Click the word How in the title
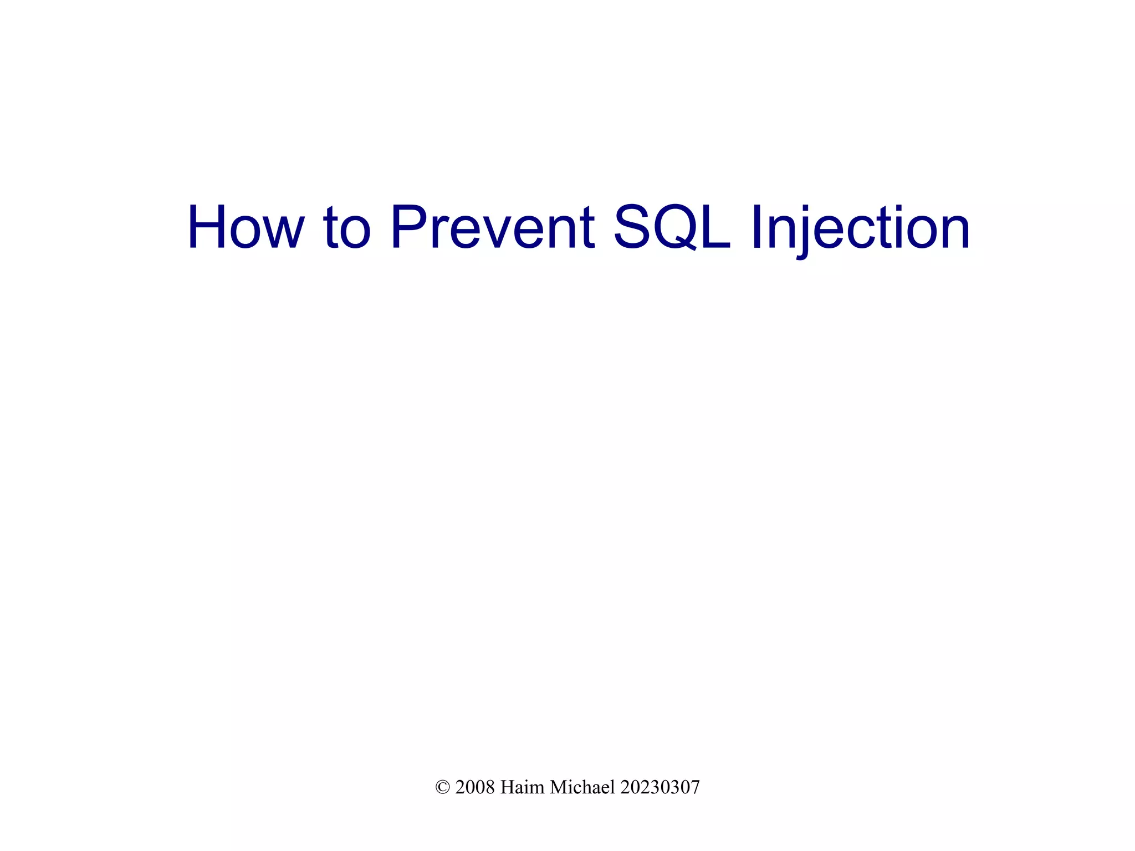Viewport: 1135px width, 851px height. pyautogui.click(x=246, y=228)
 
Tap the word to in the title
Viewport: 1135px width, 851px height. pyautogui.click(x=346, y=228)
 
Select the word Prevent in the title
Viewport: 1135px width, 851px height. pyautogui.click(x=493, y=228)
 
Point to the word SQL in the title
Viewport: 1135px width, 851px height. pyautogui.click(x=672, y=228)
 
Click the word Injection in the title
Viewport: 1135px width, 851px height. pyautogui.click(x=860, y=228)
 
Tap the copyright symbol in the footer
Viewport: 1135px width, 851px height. pyautogui.click(x=442, y=787)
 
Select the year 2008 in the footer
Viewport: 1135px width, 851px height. pyautogui.click(x=474, y=787)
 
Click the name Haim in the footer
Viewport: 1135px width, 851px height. pyautogui.click(x=522, y=787)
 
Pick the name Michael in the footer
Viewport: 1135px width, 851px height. pyautogui.click(x=582, y=787)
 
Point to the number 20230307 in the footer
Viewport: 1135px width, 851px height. pyautogui.click(x=659, y=787)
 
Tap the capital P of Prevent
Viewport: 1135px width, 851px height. pyautogui.click(x=409, y=228)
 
